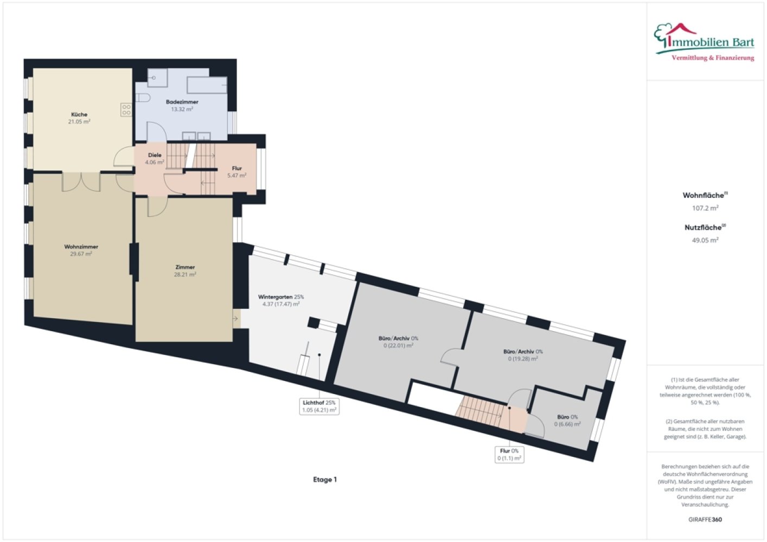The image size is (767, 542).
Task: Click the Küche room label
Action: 79,114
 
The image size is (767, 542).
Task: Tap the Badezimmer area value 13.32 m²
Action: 182,109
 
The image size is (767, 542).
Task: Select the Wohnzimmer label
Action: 81,247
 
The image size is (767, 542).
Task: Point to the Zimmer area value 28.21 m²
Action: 185,274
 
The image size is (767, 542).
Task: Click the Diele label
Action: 155,155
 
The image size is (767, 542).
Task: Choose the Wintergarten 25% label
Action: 281,296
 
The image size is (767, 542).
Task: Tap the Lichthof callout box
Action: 319,406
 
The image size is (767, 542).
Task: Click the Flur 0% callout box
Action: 509,455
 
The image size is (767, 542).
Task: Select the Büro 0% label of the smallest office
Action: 567,417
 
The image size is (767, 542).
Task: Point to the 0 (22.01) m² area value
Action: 398,346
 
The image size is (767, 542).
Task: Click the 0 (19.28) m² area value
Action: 523,359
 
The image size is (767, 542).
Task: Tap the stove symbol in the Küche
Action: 126,110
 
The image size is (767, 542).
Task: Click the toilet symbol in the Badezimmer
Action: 143,98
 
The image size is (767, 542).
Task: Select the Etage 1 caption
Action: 325,479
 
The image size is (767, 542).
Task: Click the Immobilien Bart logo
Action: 705,42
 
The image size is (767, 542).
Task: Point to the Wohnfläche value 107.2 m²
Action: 705,208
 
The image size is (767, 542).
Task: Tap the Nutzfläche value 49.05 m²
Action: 705,240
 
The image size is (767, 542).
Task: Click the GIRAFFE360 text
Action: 705,519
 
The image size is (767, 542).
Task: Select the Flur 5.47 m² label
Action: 237,172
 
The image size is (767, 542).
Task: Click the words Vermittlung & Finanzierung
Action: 713,58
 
